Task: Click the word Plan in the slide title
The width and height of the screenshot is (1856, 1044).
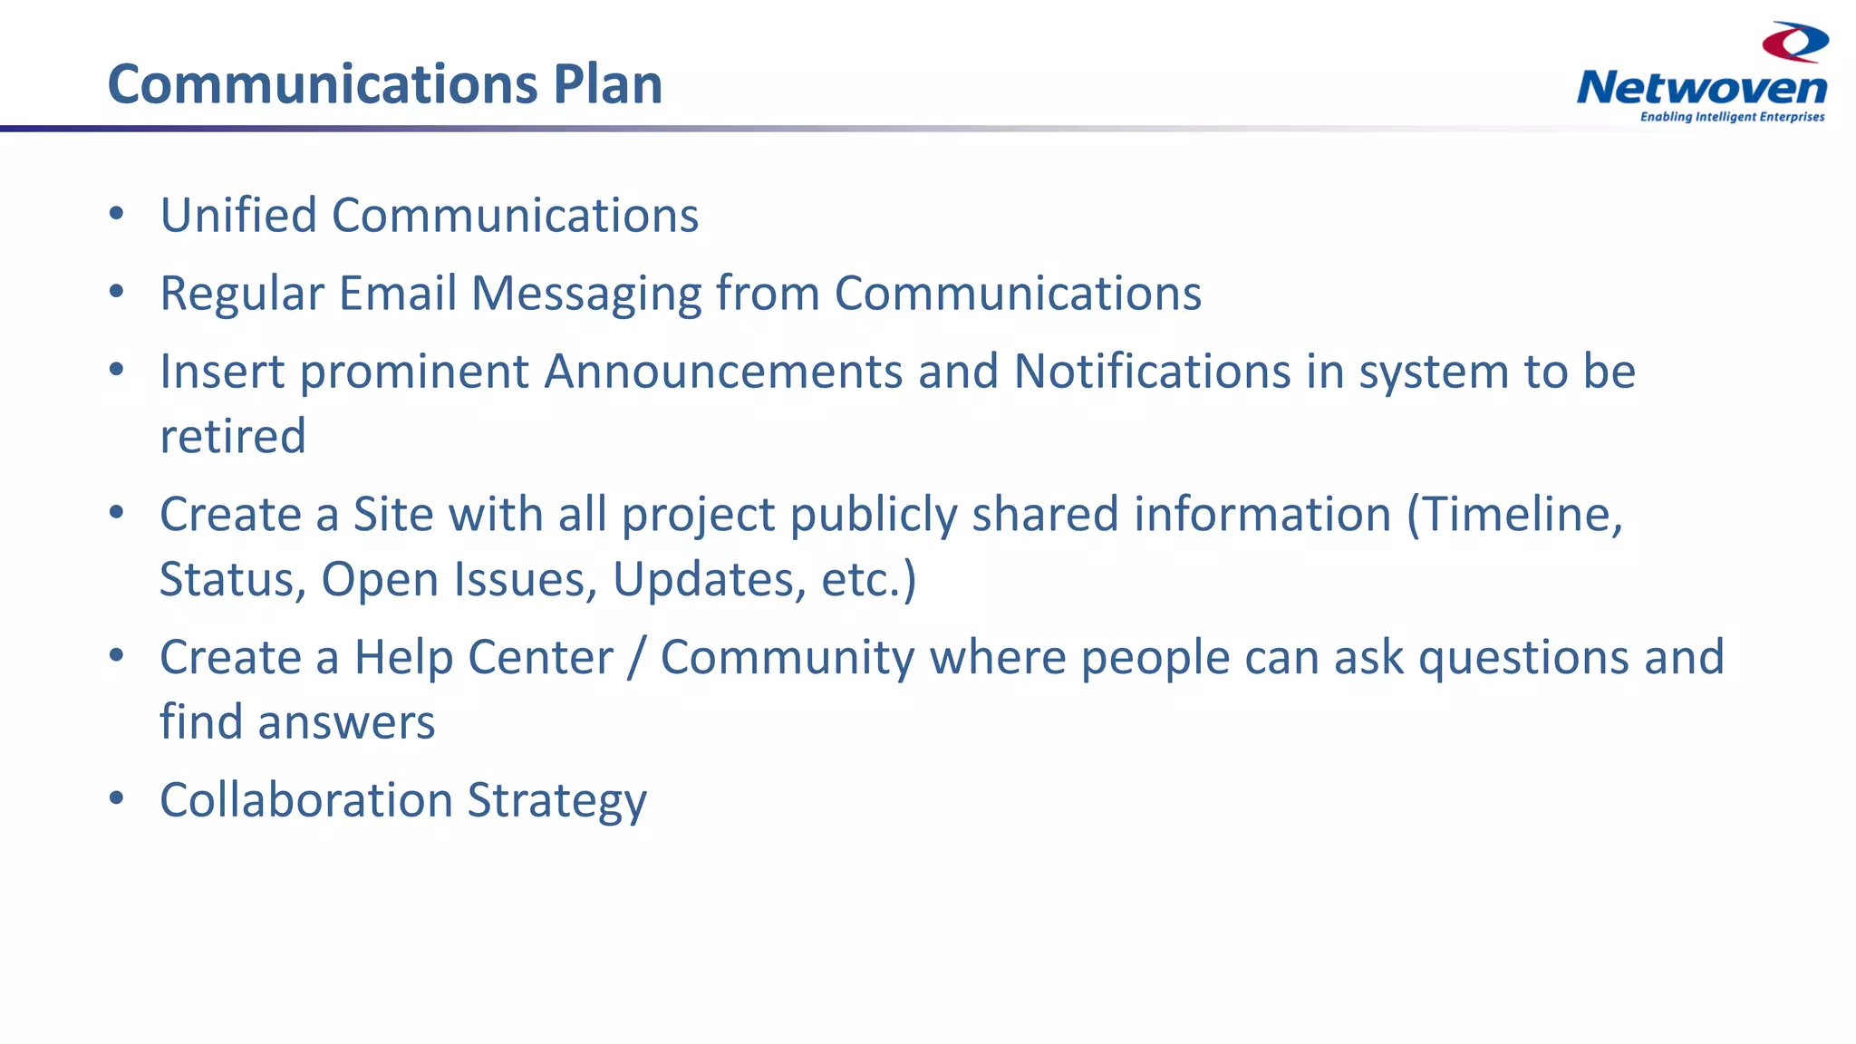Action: tap(607, 84)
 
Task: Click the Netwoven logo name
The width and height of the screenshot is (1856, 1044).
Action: tap(1702, 88)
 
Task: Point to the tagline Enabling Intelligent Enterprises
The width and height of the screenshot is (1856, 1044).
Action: tap(1732, 117)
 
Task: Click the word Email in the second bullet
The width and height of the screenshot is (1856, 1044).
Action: tap(397, 294)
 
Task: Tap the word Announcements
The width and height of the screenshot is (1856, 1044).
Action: tap(723, 372)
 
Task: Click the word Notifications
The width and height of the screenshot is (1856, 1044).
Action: tap(1152, 372)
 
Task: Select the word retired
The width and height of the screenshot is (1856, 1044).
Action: tap(233, 436)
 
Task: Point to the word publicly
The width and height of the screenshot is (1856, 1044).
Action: tap(874, 516)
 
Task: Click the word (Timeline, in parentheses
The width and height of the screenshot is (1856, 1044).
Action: tap(1514, 515)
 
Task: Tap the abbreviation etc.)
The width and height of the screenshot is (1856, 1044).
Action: tap(868, 580)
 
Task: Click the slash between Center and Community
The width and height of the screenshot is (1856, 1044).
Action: tap(637, 658)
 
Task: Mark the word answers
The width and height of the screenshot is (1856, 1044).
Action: tap(346, 723)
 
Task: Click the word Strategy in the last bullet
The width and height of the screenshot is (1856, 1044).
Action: tap(556, 801)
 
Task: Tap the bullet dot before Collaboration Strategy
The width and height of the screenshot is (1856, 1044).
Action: tap(116, 798)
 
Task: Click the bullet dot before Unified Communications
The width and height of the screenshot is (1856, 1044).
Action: tap(116, 214)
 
